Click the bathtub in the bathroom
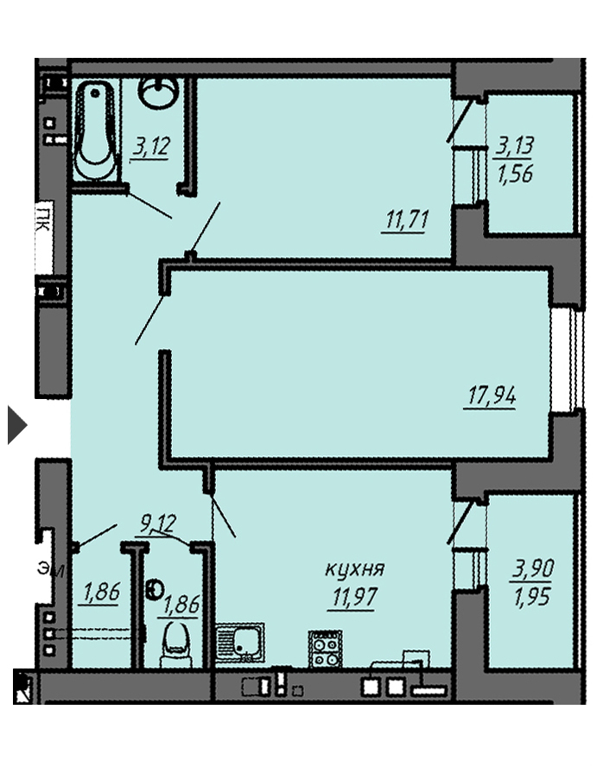click(x=95, y=131)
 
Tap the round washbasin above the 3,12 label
click(x=158, y=92)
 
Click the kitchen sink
click(x=239, y=643)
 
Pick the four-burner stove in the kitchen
click(x=325, y=649)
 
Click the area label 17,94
click(x=492, y=396)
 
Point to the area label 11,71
click(x=407, y=220)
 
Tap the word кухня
click(x=354, y=570)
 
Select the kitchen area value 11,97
click(x=354, y=597)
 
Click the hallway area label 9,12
click(x=158, y=523)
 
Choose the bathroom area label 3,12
click(x=151, y=147)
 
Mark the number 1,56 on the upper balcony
click(x=515, y=174)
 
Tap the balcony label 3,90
click(x=533, y=569)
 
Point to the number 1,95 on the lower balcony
click(x=531, y=597)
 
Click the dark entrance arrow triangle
click(x=17, y=425)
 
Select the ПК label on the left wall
click(x=43, y=219)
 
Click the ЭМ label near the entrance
click(x=51, y=570)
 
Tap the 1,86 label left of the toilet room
click(x=101, y=592)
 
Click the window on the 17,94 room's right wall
click(x=567, y=360)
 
